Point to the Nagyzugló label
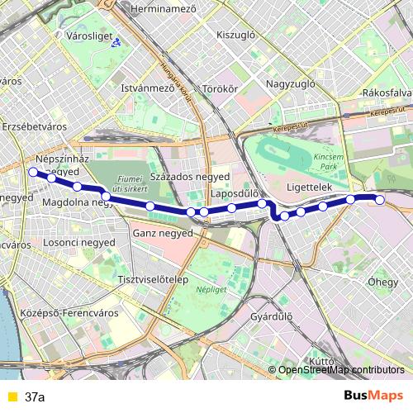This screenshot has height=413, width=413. click(x=292, y=84)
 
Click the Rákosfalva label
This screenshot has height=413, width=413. click(x=386, y=93)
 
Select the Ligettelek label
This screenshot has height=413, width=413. click(x=308, y=188)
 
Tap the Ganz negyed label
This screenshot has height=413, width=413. click(x=162, y=233)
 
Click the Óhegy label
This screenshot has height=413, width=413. click(x=382, y=282)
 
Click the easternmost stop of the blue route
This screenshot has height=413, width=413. click(x=380, y=199)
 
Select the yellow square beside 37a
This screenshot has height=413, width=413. click(x=11, y=396)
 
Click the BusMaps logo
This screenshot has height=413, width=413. click(x=373, y=396)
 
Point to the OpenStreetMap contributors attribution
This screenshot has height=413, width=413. click(x=341, y=369)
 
